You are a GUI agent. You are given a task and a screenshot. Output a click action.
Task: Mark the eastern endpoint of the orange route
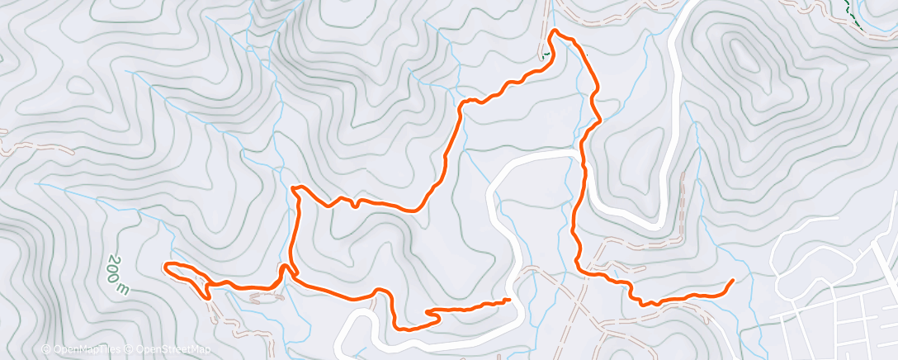click(x=732, y=282)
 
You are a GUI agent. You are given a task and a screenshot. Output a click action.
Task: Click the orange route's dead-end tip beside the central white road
click(x=508, y=300)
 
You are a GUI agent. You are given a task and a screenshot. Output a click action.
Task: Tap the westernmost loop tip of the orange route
click(x=168, y=265)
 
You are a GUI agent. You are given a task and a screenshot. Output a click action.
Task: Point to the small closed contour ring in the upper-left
click(x=80, y=83)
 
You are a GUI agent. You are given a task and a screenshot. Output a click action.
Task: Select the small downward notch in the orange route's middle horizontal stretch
click(x=354, y=204)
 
